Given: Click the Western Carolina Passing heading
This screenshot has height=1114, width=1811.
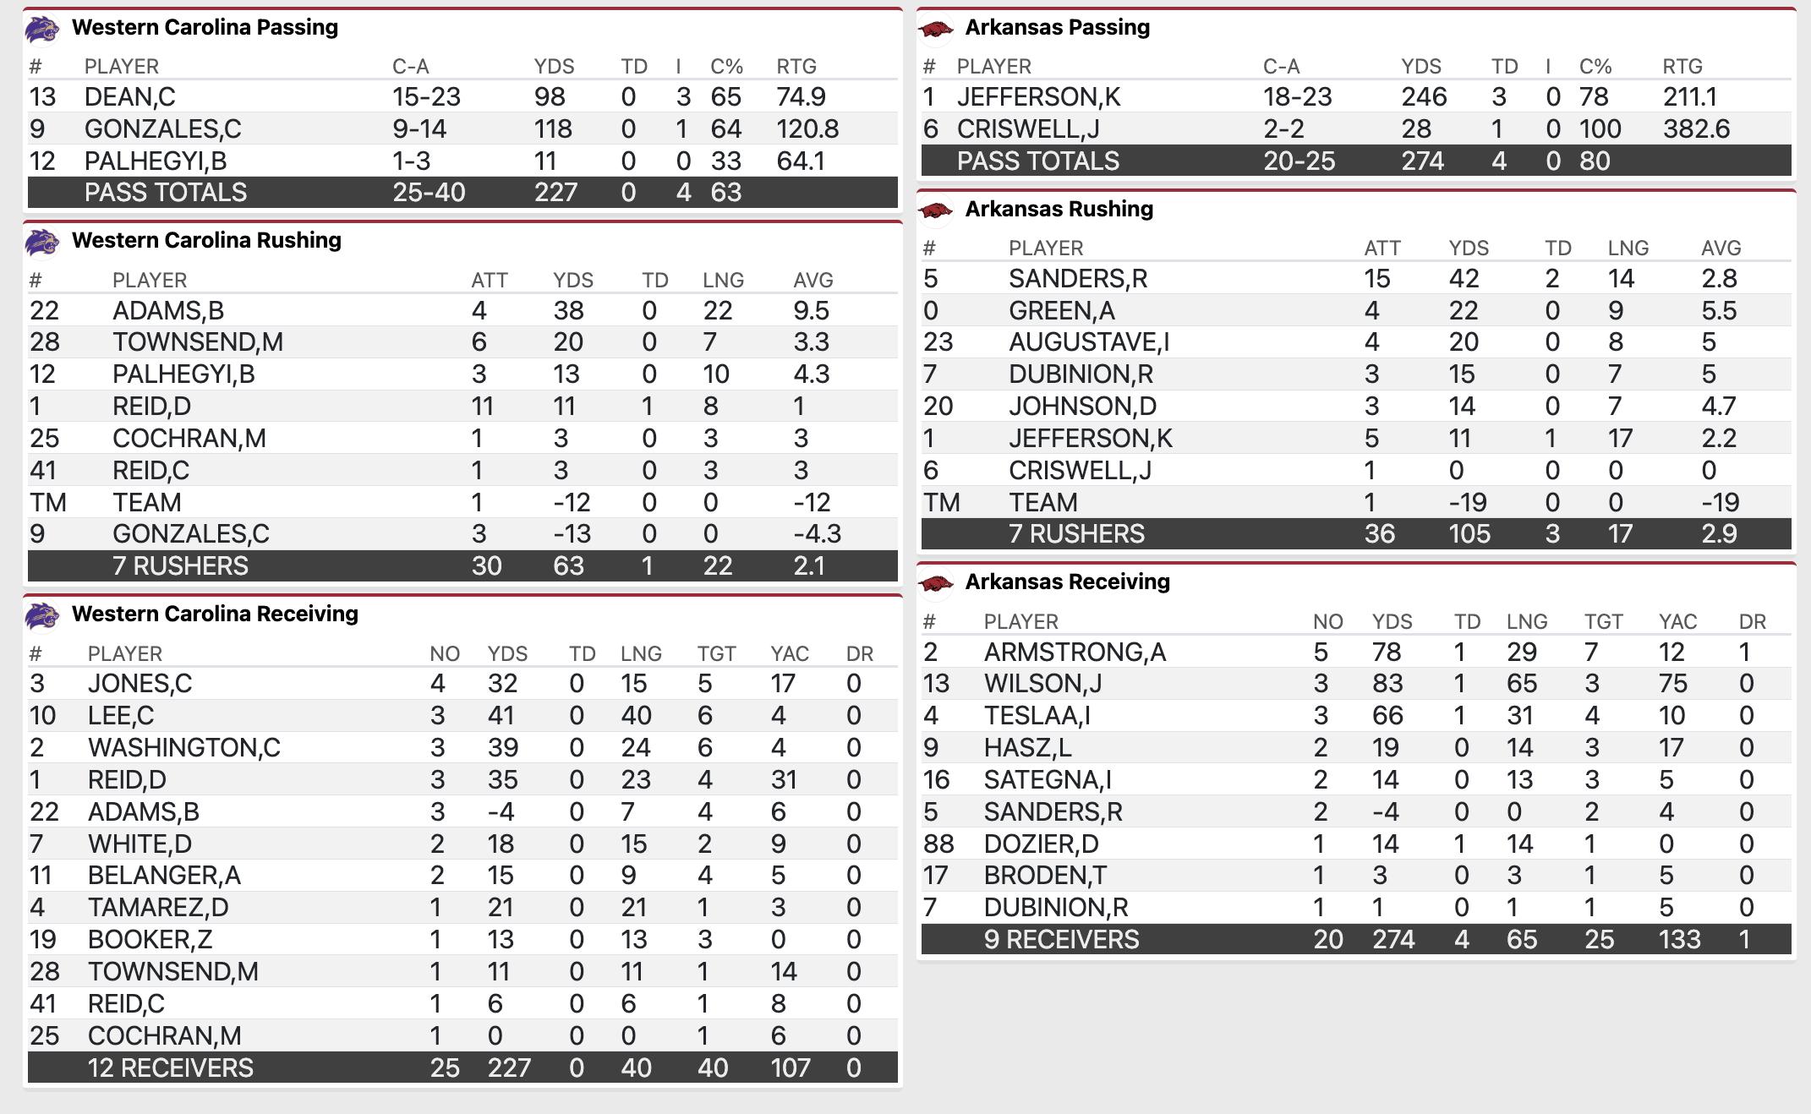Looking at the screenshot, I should click(205, 27).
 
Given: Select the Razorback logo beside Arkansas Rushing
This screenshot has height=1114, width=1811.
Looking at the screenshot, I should click(935, 210).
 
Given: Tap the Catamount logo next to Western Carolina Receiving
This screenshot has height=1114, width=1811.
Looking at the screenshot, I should click(41, 615).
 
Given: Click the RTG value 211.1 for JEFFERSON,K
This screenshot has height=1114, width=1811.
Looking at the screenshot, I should click(1689, 97).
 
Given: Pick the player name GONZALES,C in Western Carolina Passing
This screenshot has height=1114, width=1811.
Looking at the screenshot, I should click(162, 129).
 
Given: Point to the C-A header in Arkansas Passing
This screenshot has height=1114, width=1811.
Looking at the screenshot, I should click(1281, 67).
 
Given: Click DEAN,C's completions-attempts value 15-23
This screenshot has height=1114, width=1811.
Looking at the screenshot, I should click(426, 97).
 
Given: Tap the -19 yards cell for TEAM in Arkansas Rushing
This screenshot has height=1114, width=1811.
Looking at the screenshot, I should click(1468, 503).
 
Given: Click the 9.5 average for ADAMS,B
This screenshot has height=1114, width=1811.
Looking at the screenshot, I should click(811, 311).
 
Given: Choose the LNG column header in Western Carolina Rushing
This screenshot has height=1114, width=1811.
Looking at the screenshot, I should click(723, 281).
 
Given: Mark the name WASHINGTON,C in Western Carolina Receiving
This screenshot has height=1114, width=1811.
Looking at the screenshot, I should click(183, 748).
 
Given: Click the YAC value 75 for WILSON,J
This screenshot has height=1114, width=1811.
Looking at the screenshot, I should click(1672, 684).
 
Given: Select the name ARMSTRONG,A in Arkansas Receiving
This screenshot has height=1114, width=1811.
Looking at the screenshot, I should click(1075, 653).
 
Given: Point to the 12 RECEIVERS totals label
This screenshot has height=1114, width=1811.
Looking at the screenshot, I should click(170, 1068).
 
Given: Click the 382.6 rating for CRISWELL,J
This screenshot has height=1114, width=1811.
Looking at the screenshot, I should click(1696, 129).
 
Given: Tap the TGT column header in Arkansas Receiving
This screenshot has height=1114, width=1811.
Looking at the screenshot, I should click(1603, 622).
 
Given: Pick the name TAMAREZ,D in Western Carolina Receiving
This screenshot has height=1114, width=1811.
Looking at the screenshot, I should click(158, 908).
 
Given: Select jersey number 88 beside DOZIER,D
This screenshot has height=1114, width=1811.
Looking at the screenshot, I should click(938, 844).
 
